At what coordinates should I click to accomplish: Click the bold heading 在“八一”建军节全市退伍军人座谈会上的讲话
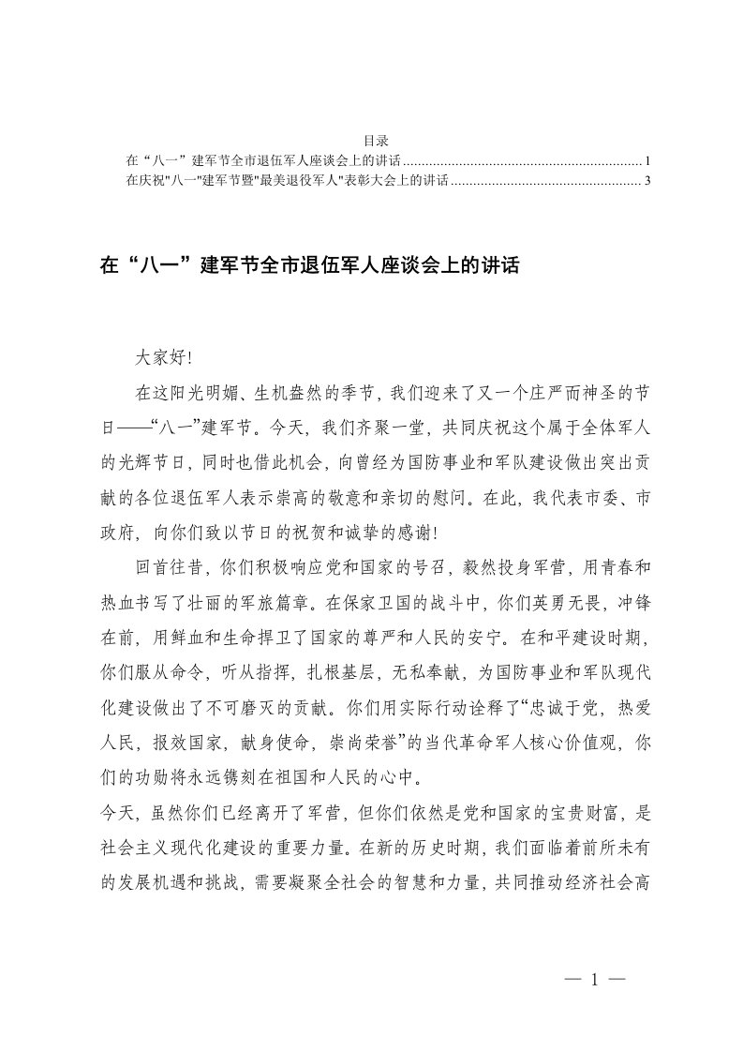click(x=308, y=265)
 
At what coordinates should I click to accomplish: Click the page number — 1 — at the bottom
click(x=593, y=979)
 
